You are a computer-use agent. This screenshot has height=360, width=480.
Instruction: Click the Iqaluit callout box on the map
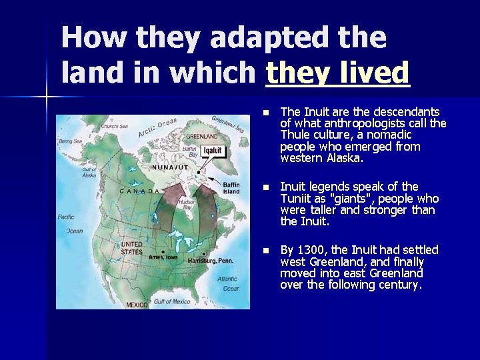(212, 151)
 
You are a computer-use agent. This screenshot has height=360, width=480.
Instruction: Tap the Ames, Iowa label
(163, 256)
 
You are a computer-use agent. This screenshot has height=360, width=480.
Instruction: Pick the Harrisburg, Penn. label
(214, 261)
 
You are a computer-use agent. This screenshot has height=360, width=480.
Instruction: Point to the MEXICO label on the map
(136, 305)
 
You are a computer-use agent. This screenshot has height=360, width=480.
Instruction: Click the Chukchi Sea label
(115, 126)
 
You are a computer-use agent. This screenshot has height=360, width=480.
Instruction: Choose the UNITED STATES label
(131, 248)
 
